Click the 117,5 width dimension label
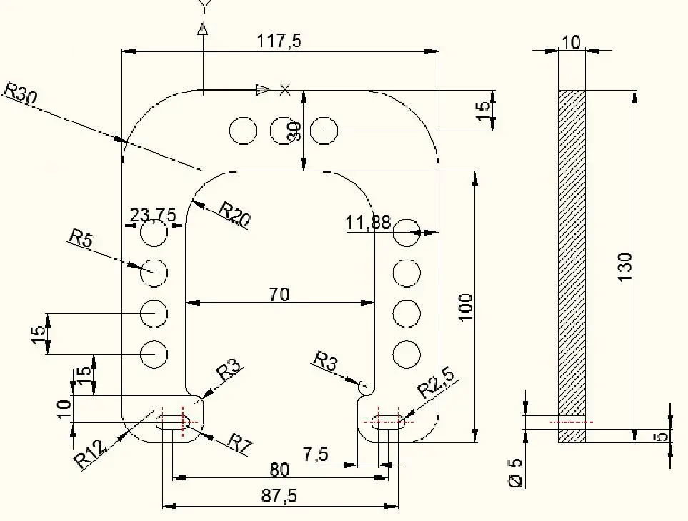(x=279, y=41)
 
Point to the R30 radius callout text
(x=20, y=93)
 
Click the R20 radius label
(x=234, y=214)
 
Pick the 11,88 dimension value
(x=368, y=223)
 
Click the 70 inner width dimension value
(x=279, y=293)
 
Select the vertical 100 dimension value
(x=465, y=307)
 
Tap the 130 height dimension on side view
(x=625, y=267)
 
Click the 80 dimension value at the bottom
(x=279, y=470)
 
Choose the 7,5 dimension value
(x=316, y=455)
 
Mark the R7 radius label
(x=240, y=443)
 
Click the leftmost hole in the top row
(x=243, y=130)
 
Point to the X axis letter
(x=285, y=89)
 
